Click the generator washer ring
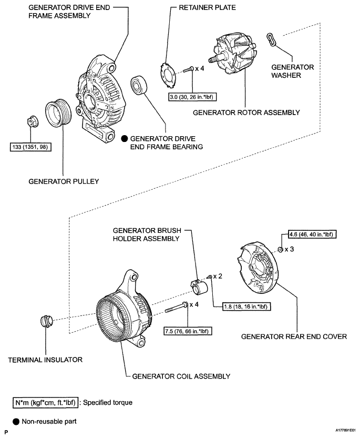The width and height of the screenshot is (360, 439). [271, 39]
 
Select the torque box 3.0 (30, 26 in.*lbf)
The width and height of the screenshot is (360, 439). [193, 97]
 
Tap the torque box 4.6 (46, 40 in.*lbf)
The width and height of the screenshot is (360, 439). [312, 234]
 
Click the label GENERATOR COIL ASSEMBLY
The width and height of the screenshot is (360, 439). [181, 376]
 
